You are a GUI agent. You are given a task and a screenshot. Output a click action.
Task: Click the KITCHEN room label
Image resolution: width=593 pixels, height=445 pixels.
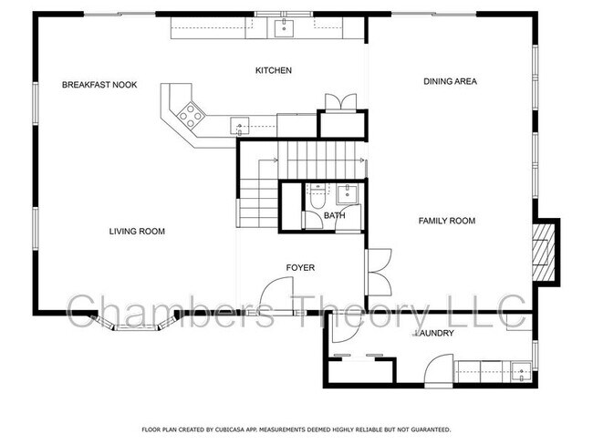(x=274, y=70)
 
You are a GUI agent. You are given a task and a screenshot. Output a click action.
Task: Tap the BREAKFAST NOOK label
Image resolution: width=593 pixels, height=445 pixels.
(x=99, y=85)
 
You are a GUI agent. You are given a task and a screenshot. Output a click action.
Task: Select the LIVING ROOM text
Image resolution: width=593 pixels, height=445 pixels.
(x=137, y=231)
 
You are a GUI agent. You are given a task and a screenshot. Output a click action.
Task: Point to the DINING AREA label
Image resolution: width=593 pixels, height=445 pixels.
(x=450, y=81)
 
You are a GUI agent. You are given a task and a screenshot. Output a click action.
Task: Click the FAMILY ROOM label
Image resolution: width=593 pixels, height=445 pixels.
(x=447, y=221)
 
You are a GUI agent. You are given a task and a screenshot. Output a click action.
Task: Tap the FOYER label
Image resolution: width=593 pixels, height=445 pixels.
(x=300, y=268)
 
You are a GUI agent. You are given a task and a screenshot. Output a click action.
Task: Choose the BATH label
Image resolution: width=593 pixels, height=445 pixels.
(x=335, y=215)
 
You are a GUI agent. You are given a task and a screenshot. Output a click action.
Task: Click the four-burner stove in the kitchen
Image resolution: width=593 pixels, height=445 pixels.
(x=191, y=114)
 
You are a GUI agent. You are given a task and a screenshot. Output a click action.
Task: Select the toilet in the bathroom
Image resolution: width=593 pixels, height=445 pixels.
(x=317, y=195)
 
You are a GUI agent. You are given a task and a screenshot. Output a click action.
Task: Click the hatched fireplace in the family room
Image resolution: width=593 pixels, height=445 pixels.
(x=544, y=253)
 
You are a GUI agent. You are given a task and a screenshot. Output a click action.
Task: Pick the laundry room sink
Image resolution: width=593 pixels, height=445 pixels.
(x=521, y=372)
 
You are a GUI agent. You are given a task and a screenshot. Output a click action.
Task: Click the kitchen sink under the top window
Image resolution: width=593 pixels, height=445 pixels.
(x=284, y=27)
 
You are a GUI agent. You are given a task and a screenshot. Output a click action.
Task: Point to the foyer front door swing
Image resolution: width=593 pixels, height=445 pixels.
(x=276, y=295)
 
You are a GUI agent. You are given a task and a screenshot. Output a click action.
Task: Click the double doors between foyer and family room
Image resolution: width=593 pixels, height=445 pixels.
(x=379, y=272)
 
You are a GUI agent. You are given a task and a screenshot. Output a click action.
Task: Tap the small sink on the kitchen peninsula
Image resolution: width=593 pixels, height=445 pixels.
(x=240, y=126)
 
